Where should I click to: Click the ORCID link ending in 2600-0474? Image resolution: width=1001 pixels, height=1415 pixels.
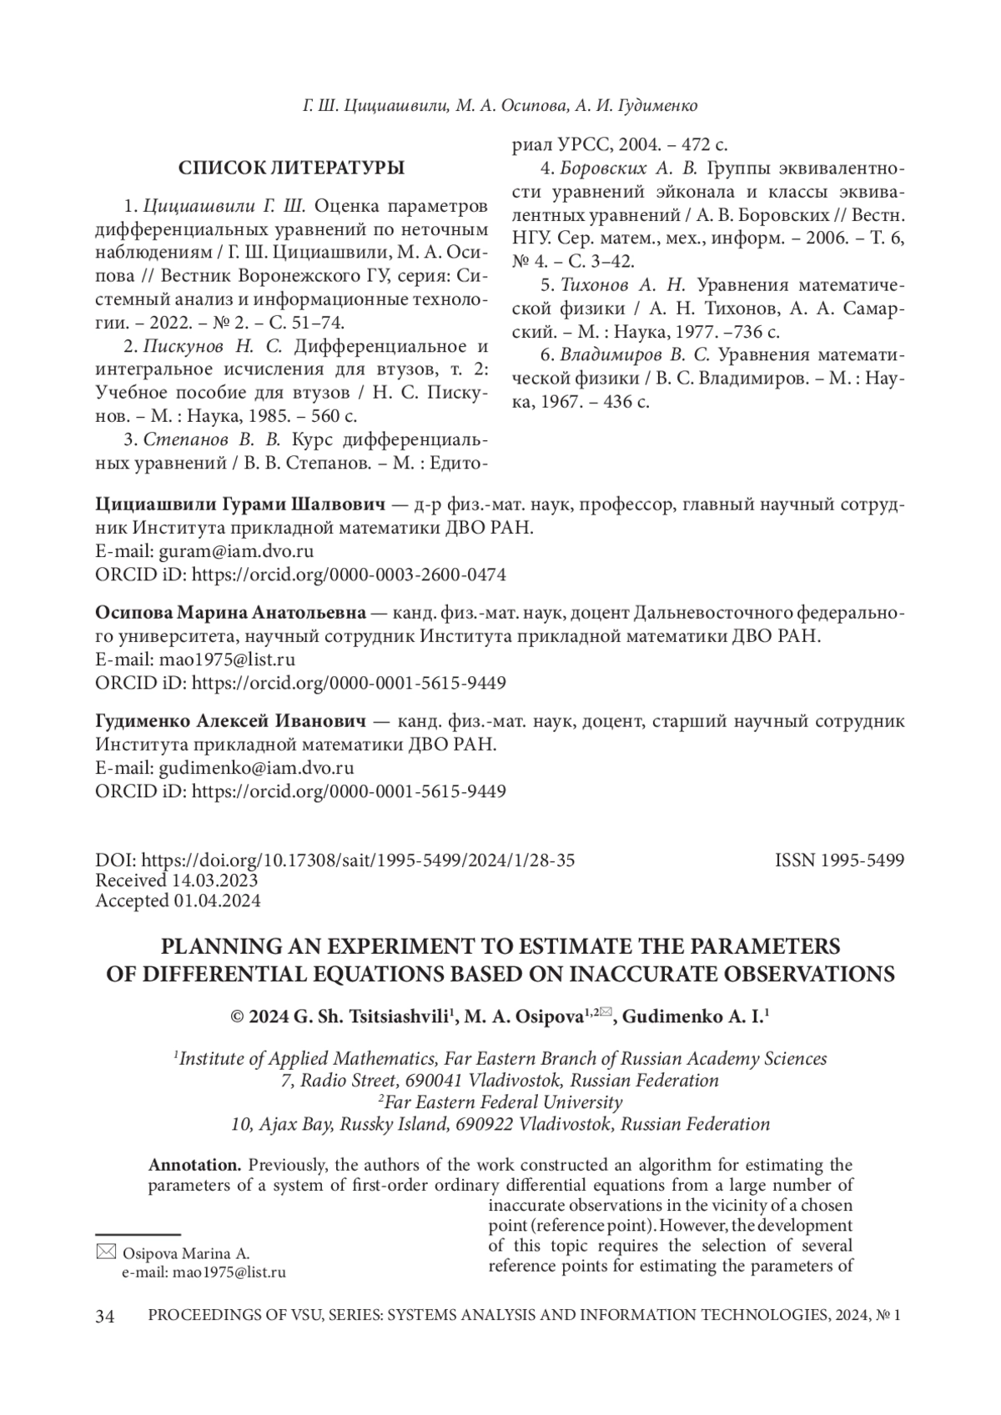pos(349,575)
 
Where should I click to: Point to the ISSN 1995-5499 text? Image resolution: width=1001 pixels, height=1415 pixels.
pos(839,861)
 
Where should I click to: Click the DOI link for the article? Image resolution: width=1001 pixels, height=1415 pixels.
pos(358,861)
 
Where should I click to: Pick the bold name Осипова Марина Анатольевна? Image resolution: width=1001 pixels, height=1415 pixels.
pos(230,613)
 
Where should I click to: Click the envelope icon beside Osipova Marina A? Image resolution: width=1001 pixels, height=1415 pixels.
pos(106,1252)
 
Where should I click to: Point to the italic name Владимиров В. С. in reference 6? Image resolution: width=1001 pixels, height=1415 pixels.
pos(635,355)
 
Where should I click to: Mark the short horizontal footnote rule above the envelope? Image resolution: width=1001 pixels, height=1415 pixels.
pos(138,1233)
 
